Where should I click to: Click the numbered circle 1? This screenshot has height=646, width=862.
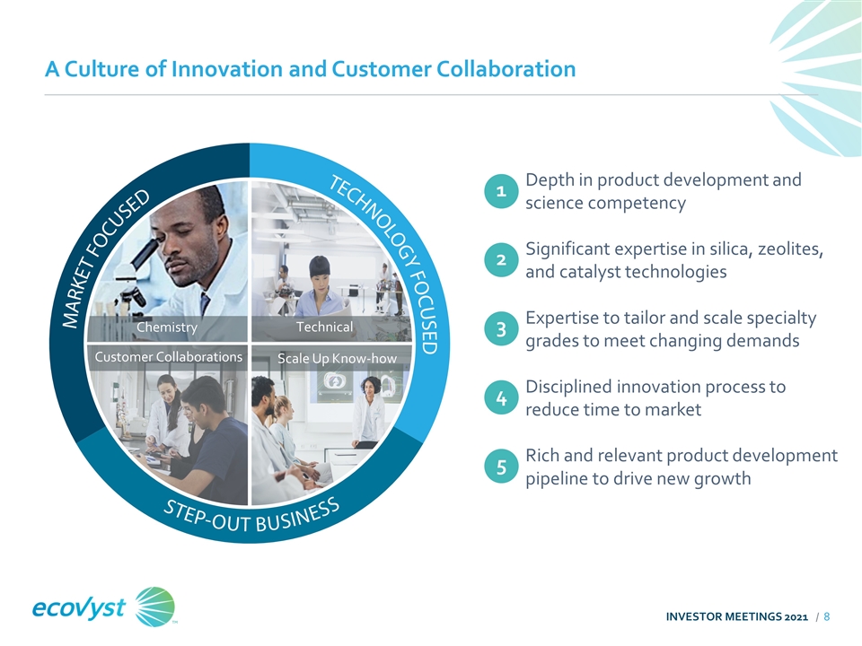point(501,191)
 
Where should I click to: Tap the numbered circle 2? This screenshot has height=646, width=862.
point(501,260)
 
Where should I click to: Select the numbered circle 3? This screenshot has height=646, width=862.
point(501,329)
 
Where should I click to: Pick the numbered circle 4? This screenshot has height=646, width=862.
point(501,397)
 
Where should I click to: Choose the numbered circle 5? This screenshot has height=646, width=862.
point(501,467)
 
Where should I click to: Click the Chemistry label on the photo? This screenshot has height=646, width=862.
point(167,327)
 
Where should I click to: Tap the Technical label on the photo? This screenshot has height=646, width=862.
point(324,327)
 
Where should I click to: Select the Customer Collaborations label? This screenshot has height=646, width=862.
point(168,357)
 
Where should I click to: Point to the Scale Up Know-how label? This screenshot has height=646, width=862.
point(337,359)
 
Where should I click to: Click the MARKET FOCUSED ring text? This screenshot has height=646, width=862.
point(104,258)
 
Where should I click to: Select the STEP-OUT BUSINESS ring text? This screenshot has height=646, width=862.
point(251,518)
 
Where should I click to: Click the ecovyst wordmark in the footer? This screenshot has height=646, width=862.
point(79,607)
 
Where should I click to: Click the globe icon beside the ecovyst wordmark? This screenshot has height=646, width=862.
point(155,607)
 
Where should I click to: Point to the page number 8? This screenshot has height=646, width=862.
point(826,617)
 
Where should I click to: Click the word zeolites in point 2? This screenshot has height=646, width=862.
point(790,249)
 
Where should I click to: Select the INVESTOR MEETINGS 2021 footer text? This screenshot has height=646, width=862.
point(736,617)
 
